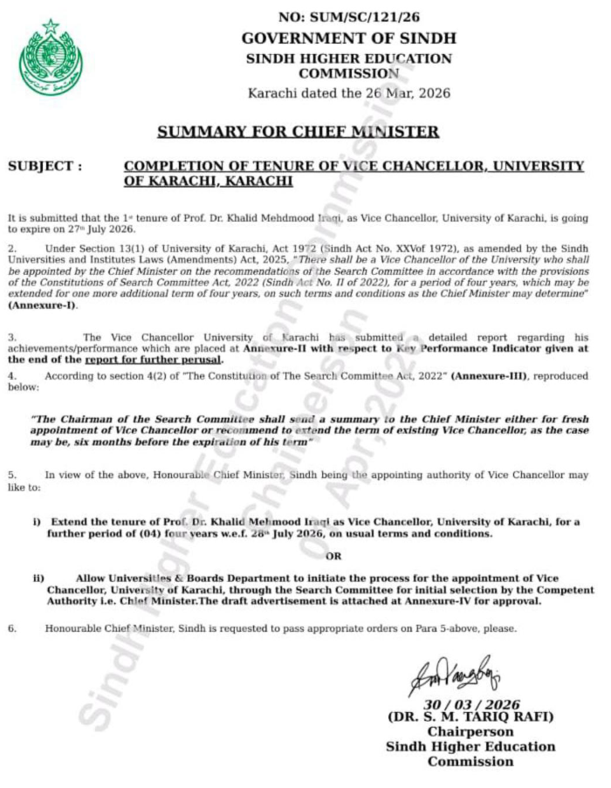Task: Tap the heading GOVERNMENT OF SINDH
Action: [348, 38]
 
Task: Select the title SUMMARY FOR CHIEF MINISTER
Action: [298, 132]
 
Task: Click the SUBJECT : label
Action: [45, 166]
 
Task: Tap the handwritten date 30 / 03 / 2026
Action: [471, 704]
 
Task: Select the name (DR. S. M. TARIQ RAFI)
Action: [470, 717]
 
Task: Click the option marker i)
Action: [38, 521]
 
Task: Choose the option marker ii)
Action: [38, 578]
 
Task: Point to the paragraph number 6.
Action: [12, 628]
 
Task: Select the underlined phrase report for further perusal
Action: [154, 359]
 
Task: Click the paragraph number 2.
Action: [12, 249]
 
